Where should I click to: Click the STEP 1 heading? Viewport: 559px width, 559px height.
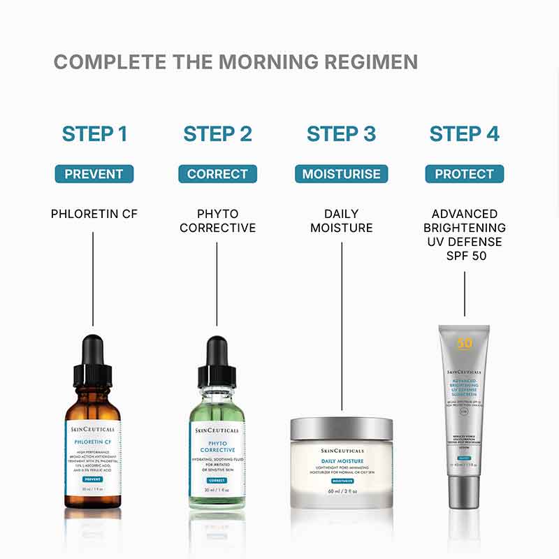pyautogui.click(x=94, y=133)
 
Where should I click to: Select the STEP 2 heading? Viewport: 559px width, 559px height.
pyautogui.click(x=217, y=133)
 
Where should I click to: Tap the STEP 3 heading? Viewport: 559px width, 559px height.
pyautogui.click(x=341, y=133)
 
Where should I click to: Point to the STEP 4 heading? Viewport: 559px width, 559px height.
pyautogui.click(x=465, y=133)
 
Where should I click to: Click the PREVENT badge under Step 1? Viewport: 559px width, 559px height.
pyautogui.click(x=94, y=174)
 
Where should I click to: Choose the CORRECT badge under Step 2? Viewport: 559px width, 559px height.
pyautogui.click(x=217, y=174)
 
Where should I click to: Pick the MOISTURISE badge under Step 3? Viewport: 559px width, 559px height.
pyautogui.click(x=341, y=174)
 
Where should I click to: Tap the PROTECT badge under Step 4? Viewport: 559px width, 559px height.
pyautogui.click(x=465, y=174)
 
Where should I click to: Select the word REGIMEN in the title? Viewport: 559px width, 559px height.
pyautogui.click(x=375, y=61)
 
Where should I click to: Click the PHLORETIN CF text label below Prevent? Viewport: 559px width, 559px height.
pyautogui.click(x=94, y=214)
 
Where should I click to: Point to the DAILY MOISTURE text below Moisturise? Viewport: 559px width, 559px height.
pyautogui.click(x=341, y=221)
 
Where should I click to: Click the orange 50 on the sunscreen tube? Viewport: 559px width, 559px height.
pyautogui.click(x=465, y=343)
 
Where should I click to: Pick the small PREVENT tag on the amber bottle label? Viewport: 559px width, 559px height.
pyautogui.click(x=93, y=479)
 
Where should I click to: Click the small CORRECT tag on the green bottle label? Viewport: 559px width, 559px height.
pyautogui.click(x=217, y=481)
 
